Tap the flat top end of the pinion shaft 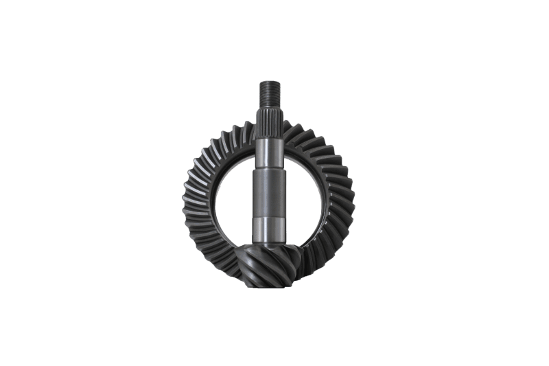coord(268,82)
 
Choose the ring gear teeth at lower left coord(213,251)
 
